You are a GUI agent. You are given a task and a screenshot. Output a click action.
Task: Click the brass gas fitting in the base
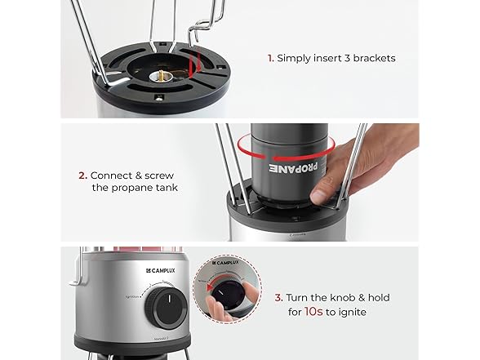161,76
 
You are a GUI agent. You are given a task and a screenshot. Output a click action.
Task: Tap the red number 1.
270,58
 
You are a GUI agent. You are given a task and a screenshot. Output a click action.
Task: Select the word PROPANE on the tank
293,167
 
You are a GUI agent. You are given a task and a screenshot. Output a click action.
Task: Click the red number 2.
83,176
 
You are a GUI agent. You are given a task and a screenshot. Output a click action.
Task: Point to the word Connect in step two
111,176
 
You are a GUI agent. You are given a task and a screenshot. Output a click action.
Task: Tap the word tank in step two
167,188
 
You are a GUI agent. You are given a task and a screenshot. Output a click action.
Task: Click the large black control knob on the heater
166,308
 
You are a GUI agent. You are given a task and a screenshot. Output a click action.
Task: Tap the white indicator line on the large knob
169,299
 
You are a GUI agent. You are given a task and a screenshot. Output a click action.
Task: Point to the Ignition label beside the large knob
132,296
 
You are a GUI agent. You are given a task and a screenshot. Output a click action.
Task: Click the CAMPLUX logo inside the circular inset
225,263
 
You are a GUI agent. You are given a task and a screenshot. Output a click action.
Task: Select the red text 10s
313,312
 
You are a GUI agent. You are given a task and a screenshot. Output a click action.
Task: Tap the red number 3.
278,297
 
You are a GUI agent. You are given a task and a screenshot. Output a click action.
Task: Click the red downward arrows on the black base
194,63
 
